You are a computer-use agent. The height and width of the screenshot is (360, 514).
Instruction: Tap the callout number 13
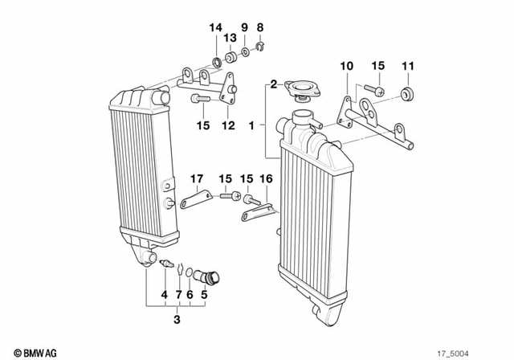[230, 38]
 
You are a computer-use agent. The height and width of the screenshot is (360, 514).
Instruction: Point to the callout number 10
[345, 65]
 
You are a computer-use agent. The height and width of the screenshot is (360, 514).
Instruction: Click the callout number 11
[408, 65]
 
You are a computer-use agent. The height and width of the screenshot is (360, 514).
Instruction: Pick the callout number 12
[228, 125]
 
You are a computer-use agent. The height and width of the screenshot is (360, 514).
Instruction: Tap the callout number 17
[196, 178]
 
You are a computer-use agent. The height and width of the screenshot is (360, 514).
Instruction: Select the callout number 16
[267, 178]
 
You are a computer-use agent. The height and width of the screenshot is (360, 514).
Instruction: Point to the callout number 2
[273, 84]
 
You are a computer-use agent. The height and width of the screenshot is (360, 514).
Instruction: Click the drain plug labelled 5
[214, 279]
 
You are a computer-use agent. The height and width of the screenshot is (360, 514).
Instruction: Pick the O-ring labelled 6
[190, 273]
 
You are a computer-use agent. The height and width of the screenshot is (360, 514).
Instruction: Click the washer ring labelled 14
[217, 61]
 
